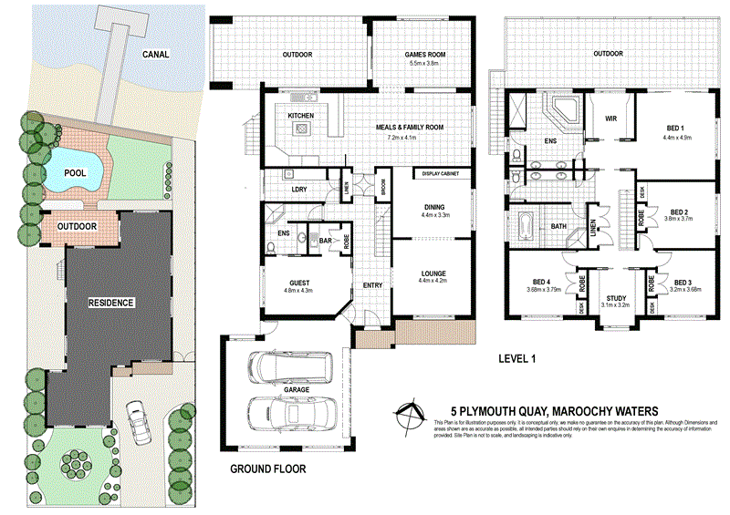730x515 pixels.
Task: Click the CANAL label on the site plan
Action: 156,54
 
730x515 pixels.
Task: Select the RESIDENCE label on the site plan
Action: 112,302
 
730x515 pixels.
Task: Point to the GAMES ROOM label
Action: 422,55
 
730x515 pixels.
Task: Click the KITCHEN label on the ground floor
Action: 301,117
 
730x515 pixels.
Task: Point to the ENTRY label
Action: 372,285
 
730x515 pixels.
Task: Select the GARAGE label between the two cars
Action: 296,389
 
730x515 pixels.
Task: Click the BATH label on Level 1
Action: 559,227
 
